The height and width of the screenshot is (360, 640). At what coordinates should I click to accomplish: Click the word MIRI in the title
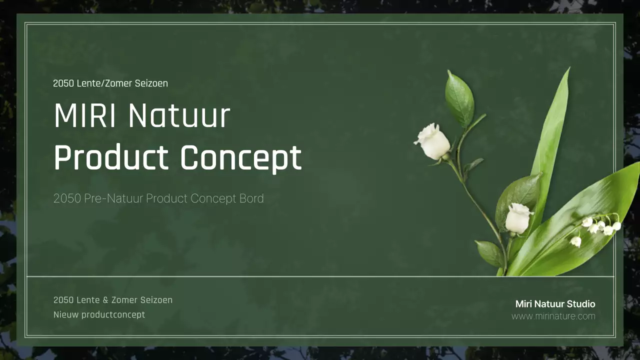pos(85,116)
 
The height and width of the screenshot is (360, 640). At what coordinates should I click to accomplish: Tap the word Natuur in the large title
pos(179,116)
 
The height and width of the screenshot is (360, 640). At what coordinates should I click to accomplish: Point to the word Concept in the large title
pos(240,158)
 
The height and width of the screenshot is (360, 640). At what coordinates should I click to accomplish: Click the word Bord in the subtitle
pos(251,198)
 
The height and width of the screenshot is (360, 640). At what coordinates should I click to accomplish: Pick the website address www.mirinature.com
pos(553,316)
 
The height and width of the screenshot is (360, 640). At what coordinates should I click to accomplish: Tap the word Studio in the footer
pos(581,304)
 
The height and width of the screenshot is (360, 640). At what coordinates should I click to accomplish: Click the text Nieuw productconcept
pos(99,314)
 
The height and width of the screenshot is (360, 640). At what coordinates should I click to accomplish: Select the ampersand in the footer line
pos(105,300)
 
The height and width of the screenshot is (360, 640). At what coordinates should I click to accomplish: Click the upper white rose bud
pos(432,141)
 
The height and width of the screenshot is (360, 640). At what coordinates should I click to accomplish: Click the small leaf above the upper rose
pos(459,98)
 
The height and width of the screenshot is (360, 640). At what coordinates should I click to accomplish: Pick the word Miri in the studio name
pos(523,304)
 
